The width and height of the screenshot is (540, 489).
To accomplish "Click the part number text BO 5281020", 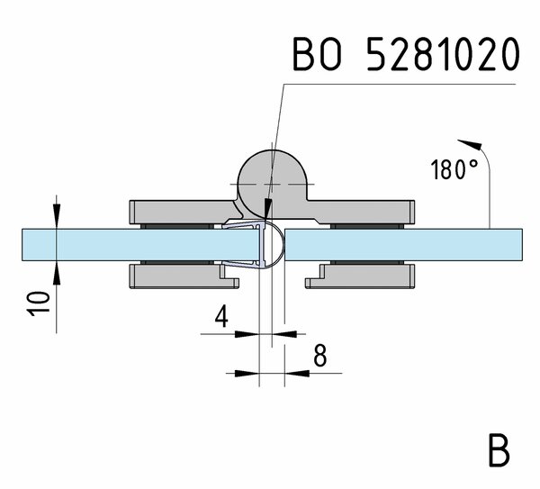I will coord(405,55).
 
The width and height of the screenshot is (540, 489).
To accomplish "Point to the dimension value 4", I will coord(221,317).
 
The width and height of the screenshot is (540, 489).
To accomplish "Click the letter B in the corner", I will coord(499,450).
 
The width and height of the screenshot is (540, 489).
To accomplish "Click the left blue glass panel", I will coord(90,244).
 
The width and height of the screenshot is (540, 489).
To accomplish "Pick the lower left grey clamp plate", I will coord(175,276).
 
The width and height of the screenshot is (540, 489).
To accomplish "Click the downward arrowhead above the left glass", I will coord(56,219).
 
